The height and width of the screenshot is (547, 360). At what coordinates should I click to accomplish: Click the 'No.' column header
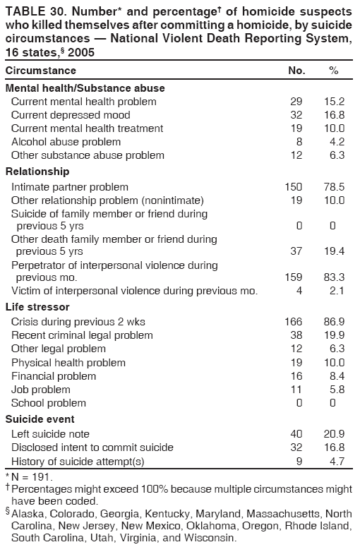(x=296, y=71)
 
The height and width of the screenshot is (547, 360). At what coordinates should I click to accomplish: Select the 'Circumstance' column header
(x=41, y=71)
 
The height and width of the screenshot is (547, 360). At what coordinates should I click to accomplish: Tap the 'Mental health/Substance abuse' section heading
(x=85, y=88)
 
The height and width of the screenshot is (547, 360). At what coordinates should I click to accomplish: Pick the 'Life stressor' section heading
(x=37, y=307)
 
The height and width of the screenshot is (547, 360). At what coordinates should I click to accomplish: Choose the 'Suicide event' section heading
(x=40, y=419)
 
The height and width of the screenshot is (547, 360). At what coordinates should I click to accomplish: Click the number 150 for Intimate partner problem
(x=292, y=187)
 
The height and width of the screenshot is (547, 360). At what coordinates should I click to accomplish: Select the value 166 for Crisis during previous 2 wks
(x=292, y=322)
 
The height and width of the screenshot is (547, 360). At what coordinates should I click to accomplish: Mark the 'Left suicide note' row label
(x=50, y=434)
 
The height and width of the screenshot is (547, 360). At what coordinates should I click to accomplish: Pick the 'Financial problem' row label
(x=54, y=376)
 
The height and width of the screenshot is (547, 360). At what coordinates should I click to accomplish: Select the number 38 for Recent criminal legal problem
(x=296, y=335)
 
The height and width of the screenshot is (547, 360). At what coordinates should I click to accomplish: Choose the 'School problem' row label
(x=49, y=403)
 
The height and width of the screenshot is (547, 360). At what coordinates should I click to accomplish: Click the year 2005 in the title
(x=79, y=53)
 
